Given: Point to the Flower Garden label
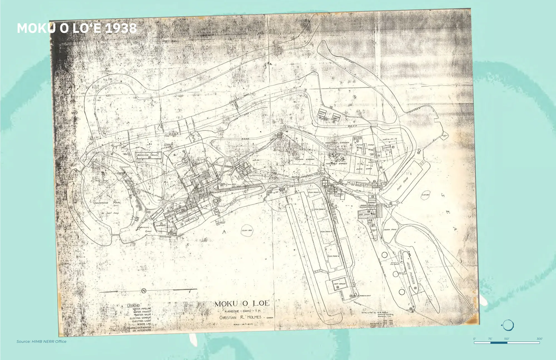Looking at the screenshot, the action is click(304, 159).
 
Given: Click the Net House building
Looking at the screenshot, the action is click(339, 283).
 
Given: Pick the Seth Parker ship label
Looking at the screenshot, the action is click(411, 272).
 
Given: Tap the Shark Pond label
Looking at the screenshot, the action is click(390, 230).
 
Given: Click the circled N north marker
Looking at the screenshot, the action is click(144, 291).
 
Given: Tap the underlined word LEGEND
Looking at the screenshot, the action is click(133, 305).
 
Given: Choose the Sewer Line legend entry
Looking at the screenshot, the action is click(144, 324).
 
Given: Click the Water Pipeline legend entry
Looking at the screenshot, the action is click(142, 309).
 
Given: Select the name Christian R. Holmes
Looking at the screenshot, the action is click(240, 317).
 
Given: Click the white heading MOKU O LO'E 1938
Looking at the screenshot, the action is click(77, 28).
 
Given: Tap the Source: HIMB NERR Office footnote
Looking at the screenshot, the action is click(41, 341).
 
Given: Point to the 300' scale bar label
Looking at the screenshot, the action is click(539, 339).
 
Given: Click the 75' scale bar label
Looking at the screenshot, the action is click(490, 339).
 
